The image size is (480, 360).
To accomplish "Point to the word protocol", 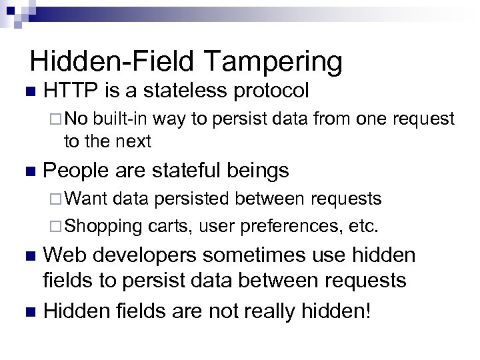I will coord(271,91).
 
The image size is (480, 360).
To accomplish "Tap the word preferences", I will coord(295,226).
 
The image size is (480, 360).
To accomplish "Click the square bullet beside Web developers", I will coord(27,257).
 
